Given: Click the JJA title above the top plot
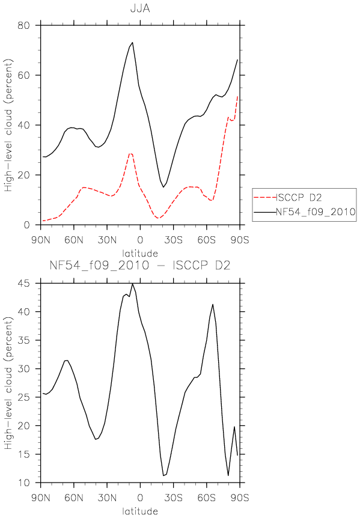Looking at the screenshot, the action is (x=140, y=8).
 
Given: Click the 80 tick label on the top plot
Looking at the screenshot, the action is (x=23, y=25).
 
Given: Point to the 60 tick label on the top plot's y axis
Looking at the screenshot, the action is (x=23, y=75).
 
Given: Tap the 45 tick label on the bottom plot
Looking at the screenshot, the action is (x=23, y=284).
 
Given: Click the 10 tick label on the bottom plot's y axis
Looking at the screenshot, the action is (x=23, y=483).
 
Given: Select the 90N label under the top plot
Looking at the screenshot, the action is (x=41, y=240).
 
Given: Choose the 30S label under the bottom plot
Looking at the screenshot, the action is (x=174, y=498).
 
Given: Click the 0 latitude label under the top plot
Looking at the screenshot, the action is (x=140, y=240).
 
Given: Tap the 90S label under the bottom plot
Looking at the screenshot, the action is (x=240, y=498).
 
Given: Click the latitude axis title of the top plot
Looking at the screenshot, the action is (x=140, y=254).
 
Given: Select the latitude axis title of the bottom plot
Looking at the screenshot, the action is (x=140, y=511).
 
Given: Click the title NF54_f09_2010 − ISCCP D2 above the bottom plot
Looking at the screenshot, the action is (x=140, y=265).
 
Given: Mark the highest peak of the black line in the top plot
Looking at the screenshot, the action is (x=132, y=42).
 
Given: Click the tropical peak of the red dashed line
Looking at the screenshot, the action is (x=130, y=153).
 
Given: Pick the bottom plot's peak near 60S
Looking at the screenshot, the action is (x=213, y=304).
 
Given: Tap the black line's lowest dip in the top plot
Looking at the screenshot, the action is (x=163, y=187).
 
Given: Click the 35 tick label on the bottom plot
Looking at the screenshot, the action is (x=23, y=340).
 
